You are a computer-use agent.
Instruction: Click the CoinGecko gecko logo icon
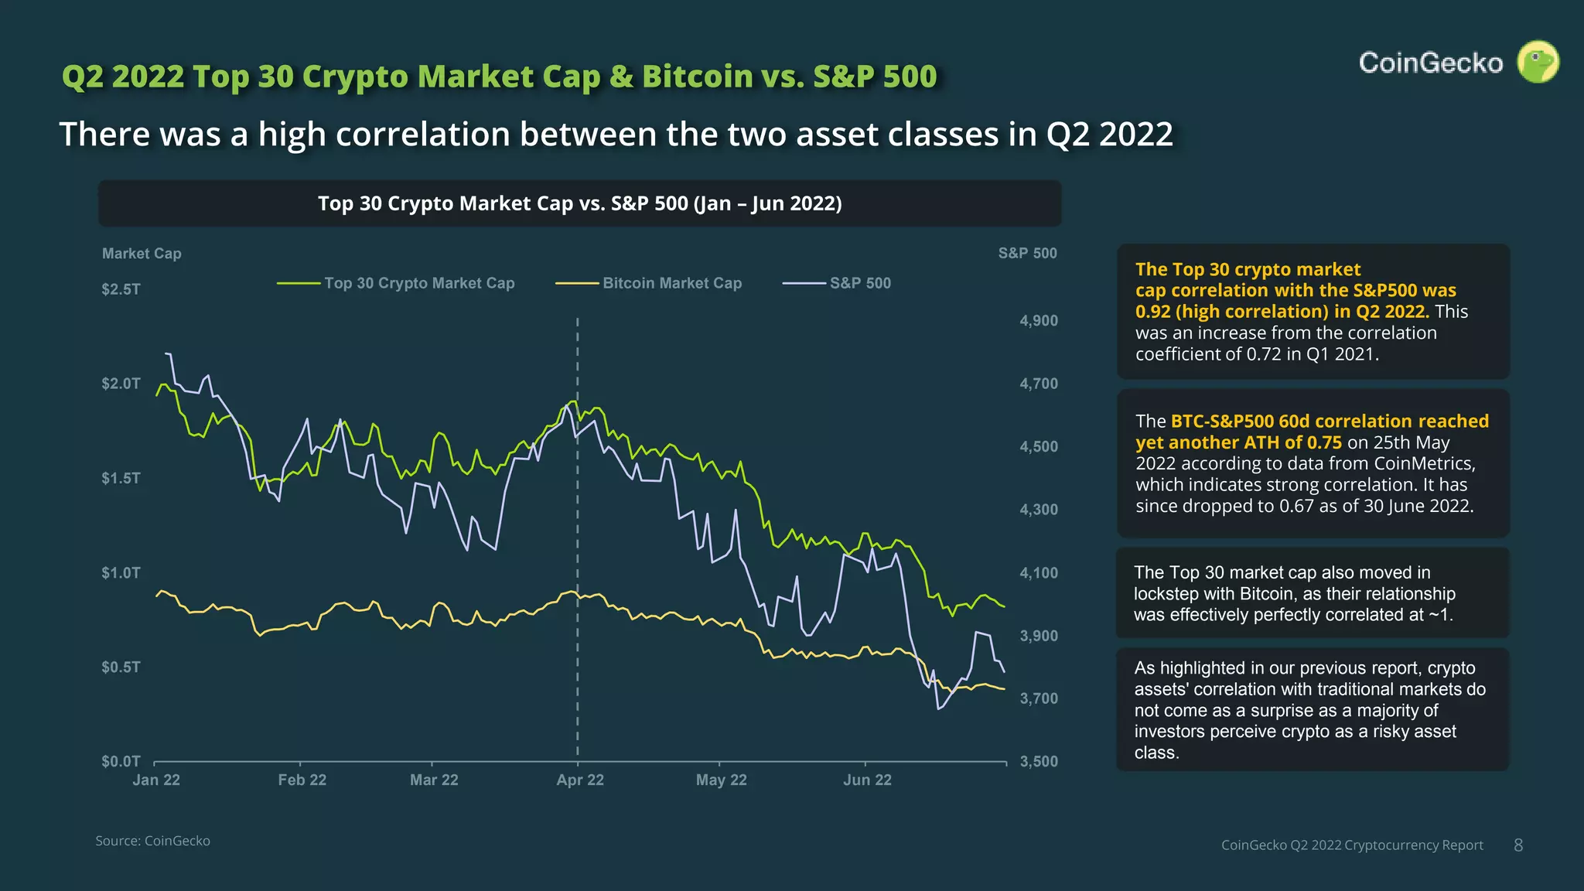pos(1538,62)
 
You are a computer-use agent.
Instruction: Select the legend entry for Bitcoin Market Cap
pos(671,283)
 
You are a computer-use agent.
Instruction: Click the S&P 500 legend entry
pos(859,283)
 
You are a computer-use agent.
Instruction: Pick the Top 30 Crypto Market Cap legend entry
pos(418,283)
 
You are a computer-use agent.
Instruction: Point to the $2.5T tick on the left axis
pos(121,289)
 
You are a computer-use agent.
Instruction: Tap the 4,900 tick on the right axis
pos(1039,320)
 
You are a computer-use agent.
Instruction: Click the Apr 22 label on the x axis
pos(580,780)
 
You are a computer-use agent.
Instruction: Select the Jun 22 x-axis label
pos(867,780)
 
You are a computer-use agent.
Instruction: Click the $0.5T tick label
pos(121,667)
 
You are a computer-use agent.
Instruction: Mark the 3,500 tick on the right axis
pos(1039,761)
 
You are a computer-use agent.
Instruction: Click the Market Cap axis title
pos(142,254)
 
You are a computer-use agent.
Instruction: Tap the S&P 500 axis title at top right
pos(1027,253)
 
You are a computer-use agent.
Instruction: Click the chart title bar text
pos(579,203)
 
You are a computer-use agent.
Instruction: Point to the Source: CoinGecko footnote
pos(152,841)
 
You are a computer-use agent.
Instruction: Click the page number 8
pos(1518,845)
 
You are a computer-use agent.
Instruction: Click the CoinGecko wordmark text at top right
pos(1430,63)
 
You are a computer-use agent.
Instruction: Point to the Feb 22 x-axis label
pos(302,780)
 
